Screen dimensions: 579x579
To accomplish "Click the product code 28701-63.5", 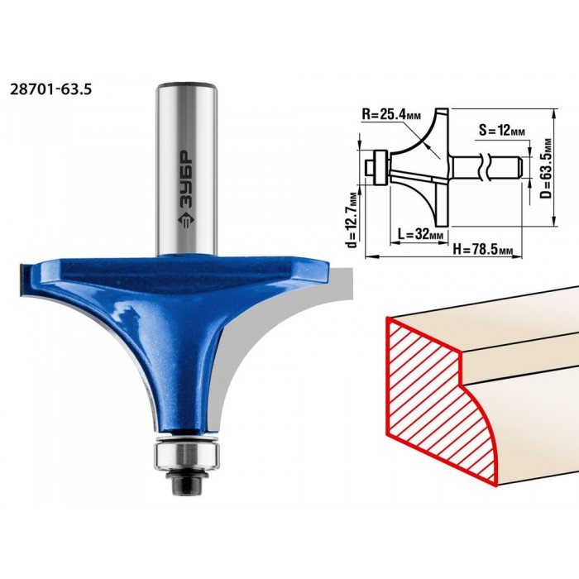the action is [x=50, y=89].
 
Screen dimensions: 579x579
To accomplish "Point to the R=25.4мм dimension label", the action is [x=391, y=114].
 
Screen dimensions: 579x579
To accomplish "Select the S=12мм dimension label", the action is [x=501, y=130].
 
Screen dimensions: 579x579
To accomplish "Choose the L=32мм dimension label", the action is [x=419, y=234].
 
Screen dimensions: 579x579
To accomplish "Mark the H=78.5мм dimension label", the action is [x=482, y=250].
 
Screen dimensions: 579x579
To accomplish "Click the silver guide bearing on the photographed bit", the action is [x=187, y=457].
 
